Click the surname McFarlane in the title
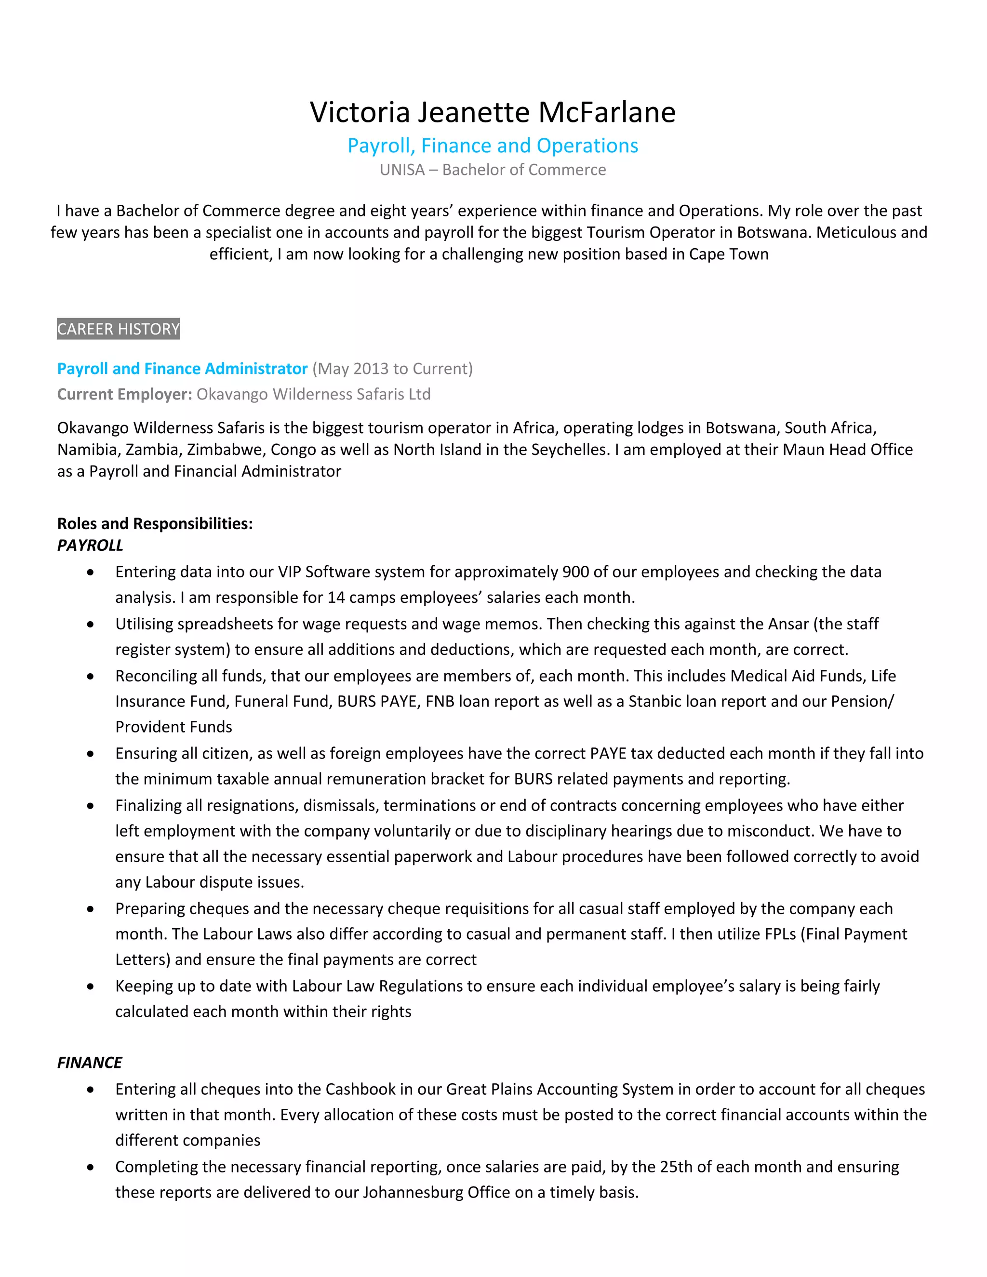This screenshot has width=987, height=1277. [x=606, y=112]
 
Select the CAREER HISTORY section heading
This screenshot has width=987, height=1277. [x=118, y=329]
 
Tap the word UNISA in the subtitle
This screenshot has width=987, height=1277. [x=402, y=170]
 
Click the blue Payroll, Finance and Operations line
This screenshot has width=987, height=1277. [x=493, y=146]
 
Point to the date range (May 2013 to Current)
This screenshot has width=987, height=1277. [x=392, y=369]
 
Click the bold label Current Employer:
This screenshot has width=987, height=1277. [x=124, y=395]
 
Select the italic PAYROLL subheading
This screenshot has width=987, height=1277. [x=90, y=545]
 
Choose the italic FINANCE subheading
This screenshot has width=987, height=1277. [x=90, y=1063]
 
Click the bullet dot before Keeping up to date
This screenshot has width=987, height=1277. [x=90, y=986]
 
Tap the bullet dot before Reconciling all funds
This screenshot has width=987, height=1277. [x=90, y=677]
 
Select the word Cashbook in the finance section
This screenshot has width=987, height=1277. [x=360, y=1090]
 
